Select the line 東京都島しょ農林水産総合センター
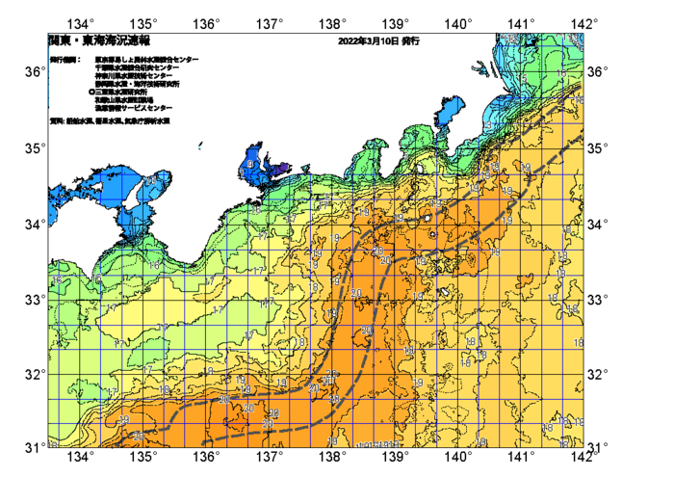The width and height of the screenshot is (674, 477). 146,60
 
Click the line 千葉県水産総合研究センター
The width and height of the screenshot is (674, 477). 140,67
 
